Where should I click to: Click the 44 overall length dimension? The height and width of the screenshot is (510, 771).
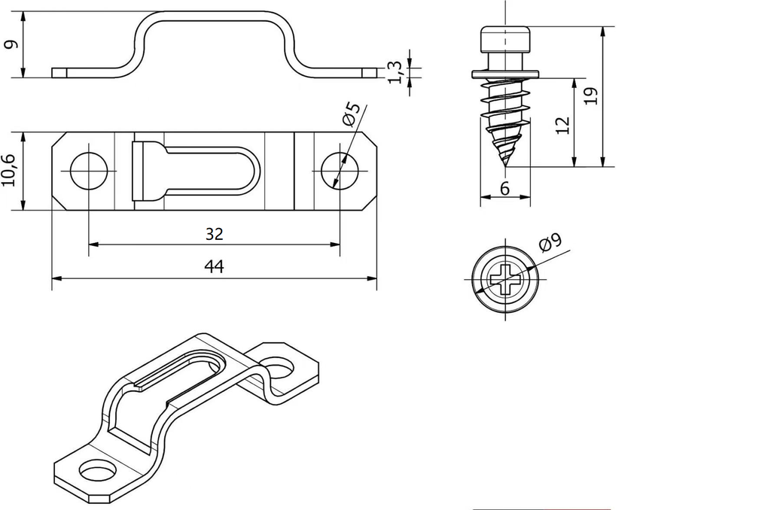215,267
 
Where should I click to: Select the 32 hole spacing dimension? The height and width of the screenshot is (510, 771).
215,234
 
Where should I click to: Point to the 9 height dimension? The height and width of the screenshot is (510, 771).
10,44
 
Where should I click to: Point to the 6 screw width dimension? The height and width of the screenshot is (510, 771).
504,190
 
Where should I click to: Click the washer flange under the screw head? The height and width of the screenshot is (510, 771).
505,74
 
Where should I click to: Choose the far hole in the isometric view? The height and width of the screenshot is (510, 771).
282,369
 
